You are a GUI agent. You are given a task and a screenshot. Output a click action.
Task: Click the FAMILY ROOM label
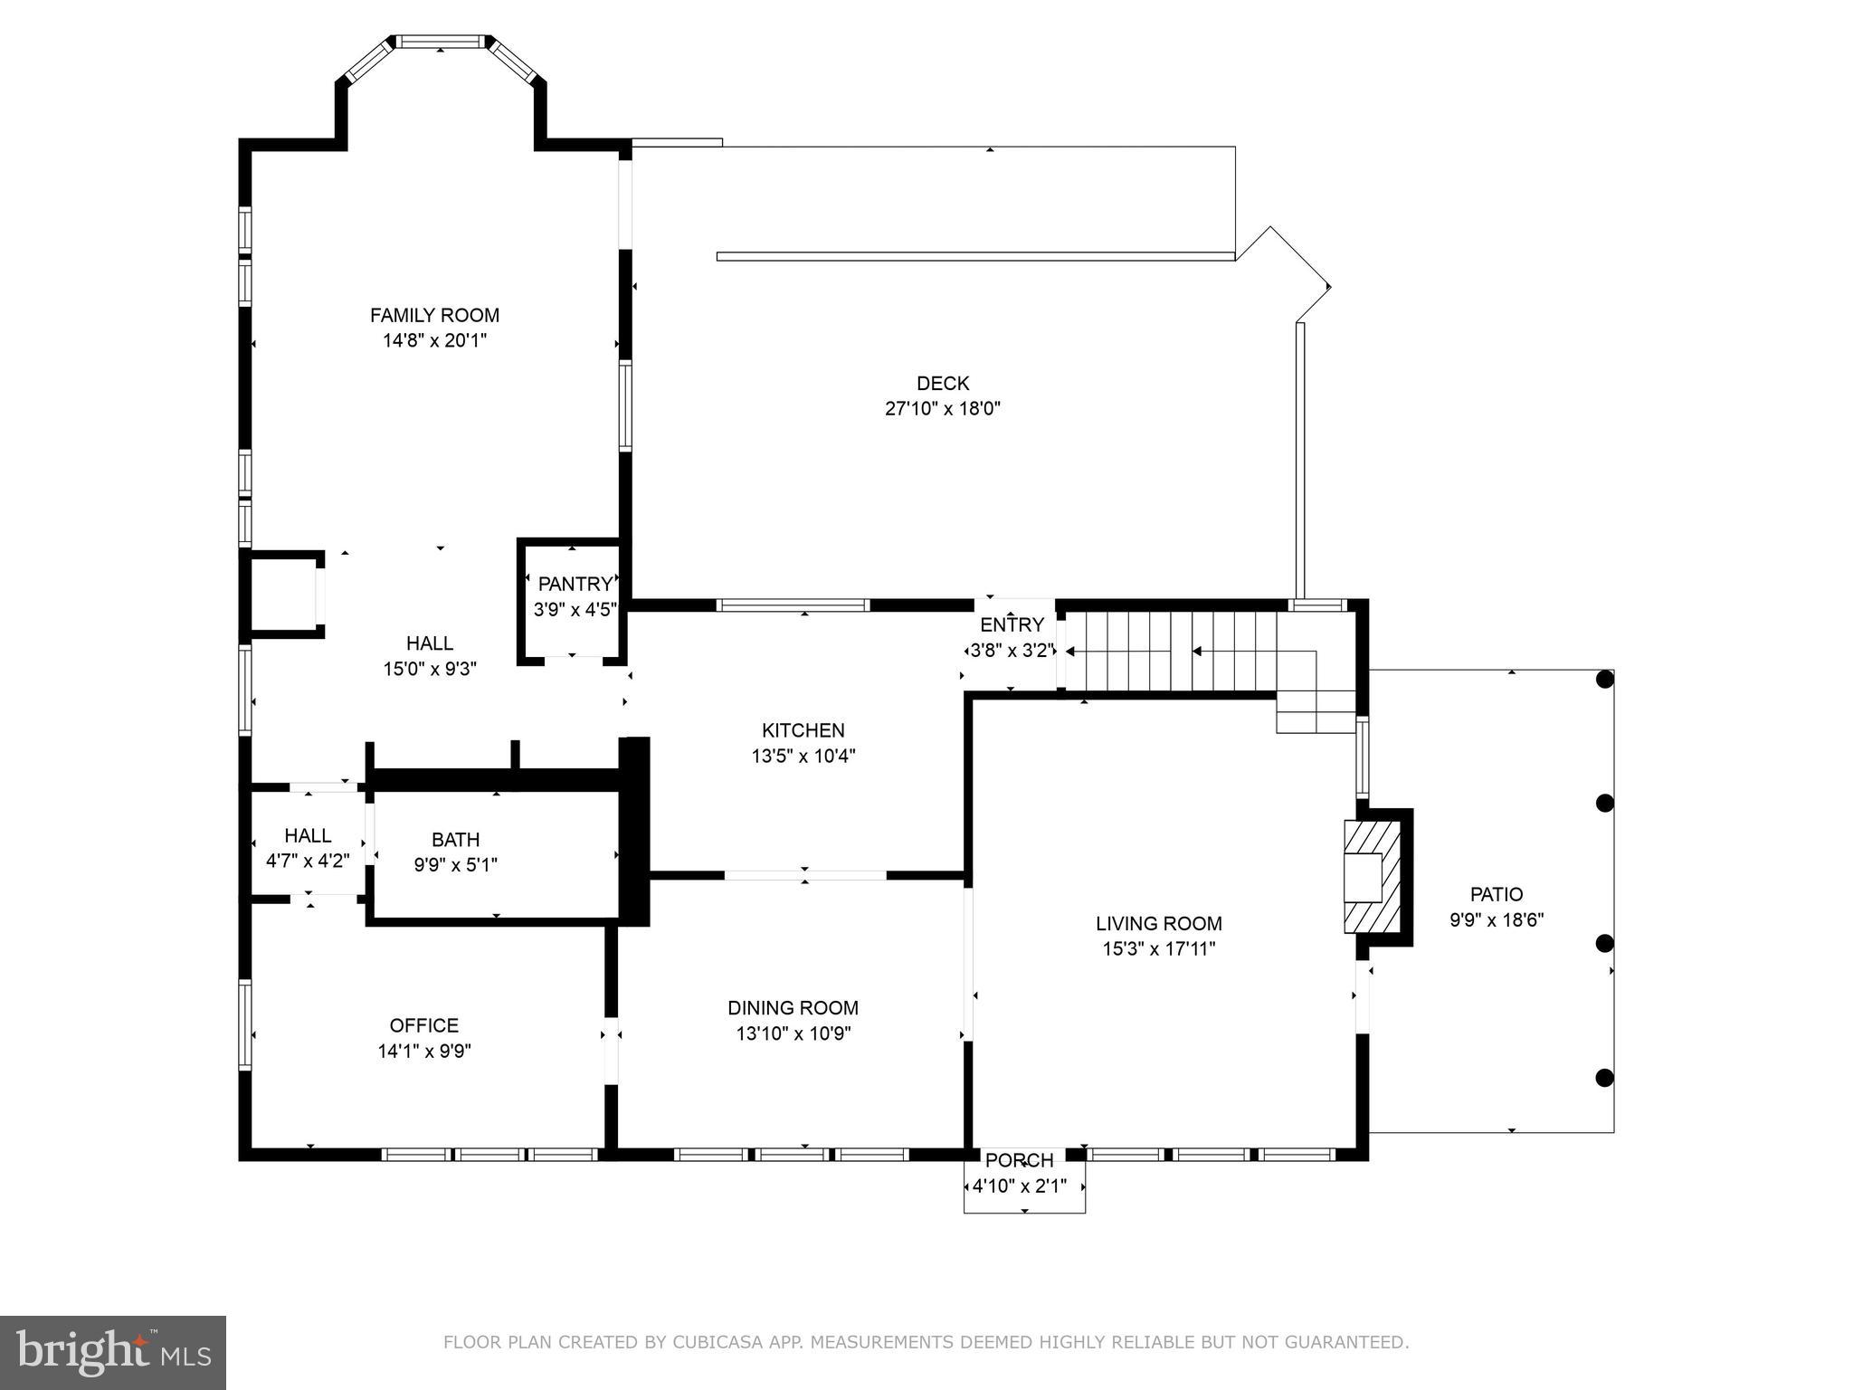click(x=434, y=315)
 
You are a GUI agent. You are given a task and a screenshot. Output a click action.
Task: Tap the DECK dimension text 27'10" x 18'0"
click(x=942, y=409)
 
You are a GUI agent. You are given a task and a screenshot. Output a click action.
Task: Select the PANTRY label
click(x=575, y=584)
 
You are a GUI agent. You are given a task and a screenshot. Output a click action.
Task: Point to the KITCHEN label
click(x=803, y=730)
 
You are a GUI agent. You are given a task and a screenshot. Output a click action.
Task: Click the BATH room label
click(x=455, y=839)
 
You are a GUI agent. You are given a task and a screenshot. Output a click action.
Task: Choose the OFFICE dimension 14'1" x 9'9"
click(x=424, y=1052)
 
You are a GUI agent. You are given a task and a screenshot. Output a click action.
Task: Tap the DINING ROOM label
click(x=793, y=1007)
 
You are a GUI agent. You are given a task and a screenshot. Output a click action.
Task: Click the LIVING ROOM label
click(x=1158, y=923)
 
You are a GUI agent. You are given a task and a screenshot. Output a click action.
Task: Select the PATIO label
click(x=1496, y=894)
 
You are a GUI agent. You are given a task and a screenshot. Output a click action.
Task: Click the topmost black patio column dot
click(x=1604, y=680)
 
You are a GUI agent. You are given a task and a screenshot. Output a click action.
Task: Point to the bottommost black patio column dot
click(x=1604, y=1078)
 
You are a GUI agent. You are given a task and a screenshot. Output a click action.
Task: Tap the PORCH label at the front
click(x=1019, y=1160)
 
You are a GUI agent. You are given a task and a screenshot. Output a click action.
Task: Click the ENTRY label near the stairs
click(x=1012, y=624)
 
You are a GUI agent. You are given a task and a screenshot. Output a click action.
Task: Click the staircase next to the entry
click(x=1176, y=651)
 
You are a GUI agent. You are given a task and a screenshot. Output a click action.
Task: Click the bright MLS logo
click(x=113, y=1352)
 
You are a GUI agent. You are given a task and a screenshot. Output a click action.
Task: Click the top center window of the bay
click(x=441, y=42)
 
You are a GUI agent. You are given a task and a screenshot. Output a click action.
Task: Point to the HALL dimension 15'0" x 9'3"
click(x=429, y=670)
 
